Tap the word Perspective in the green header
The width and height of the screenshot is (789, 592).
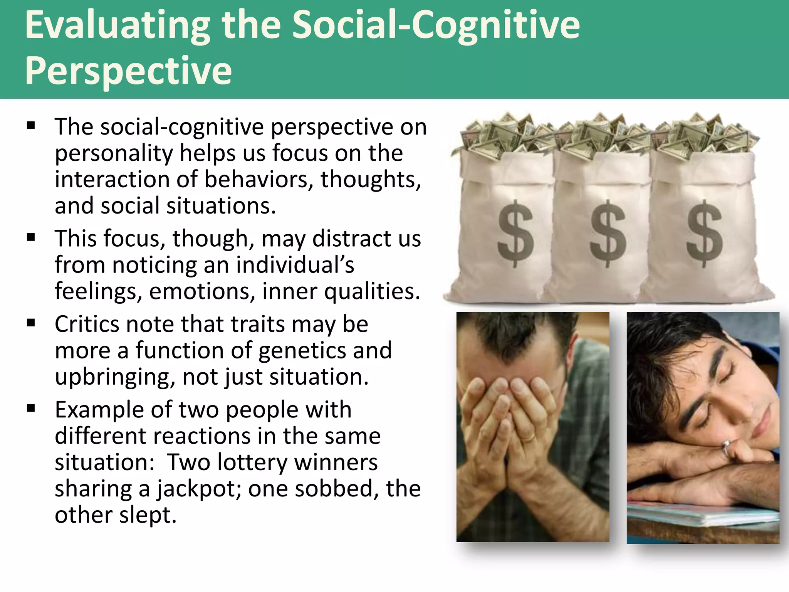128,71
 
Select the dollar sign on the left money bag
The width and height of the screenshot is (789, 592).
515,233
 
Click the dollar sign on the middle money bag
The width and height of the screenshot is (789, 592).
608,233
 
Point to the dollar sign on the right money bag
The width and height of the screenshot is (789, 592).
704,233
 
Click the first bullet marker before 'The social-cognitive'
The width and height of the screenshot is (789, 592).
31,126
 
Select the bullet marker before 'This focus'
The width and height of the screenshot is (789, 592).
31,237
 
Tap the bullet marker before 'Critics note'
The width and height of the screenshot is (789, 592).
31,323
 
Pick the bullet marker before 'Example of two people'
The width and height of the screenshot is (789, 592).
31,409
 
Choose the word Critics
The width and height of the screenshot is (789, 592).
87,324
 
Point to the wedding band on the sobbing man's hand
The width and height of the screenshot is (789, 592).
528,437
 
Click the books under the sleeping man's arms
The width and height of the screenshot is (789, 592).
701,515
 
